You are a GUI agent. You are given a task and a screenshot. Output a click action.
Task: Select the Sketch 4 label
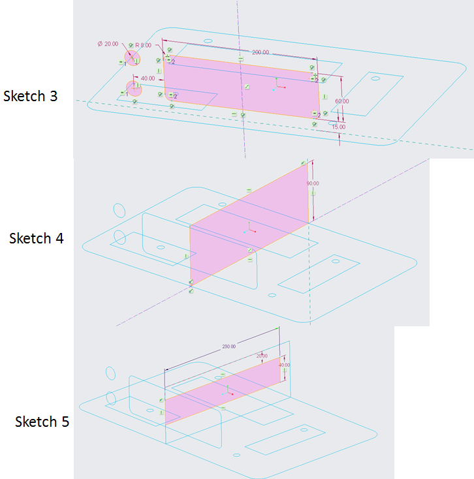point(37,238)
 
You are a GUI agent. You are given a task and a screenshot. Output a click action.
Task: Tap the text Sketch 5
point(42,422)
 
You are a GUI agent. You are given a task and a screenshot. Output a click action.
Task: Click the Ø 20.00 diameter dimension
point(108,44)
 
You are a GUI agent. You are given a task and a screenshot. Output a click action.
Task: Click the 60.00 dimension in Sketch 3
point(342,101)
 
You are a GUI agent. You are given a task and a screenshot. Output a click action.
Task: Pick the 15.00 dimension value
point(338,127)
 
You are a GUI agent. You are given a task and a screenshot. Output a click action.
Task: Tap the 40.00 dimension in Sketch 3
point(148,78)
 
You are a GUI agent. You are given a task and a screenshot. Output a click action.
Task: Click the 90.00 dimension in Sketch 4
point(313,183)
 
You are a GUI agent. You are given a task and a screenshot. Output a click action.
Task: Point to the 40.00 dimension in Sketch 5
point(284,365)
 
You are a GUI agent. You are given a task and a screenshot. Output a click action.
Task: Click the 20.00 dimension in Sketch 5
point(262,356)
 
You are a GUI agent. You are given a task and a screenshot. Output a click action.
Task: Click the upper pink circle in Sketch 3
point(133,57)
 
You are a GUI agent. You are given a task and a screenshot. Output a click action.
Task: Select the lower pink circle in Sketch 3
point(134,87)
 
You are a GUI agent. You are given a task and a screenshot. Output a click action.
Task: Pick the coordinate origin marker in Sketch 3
point(276,85)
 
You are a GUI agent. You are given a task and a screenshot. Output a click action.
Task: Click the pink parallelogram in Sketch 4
point(248,222)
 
